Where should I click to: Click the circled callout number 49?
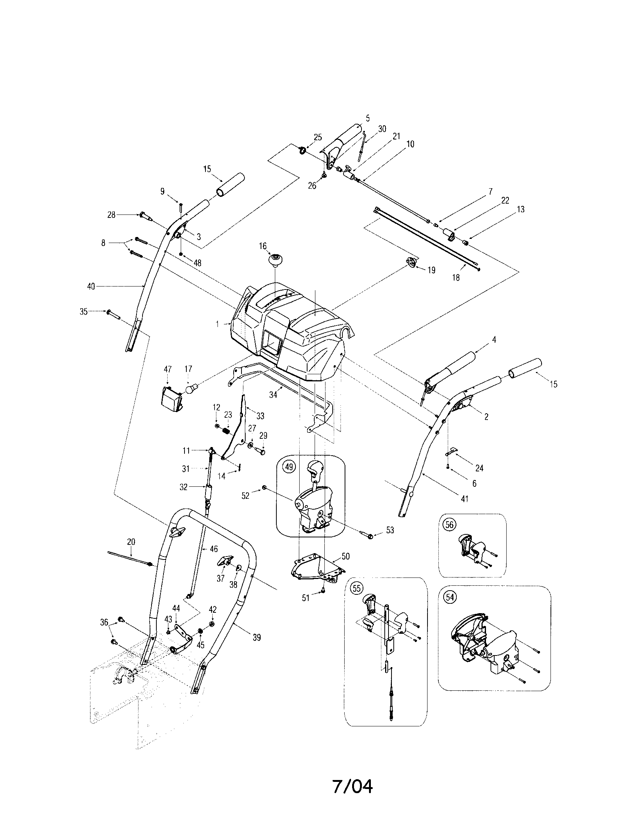pyautogui.click(x=289, y=467)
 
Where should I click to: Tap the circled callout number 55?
pyautogui.click(x=356, y=588)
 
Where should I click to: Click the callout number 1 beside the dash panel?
pyautogui.click(x=217, y=324)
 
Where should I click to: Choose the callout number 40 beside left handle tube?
pyautogui.click(x=91, y=287)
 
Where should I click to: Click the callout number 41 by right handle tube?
pyautogui.click(x=465, y=499)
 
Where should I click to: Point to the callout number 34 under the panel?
pyautogui.click(x=273, y=395)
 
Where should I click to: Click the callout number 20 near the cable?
pyautogui.click(x=130, y=542)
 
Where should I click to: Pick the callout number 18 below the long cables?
pyautogui.click(x=456, y=277)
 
